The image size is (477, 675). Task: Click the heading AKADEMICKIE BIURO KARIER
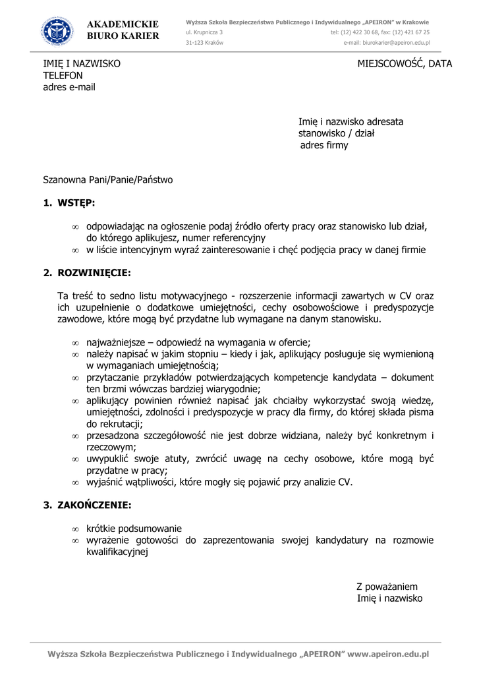tap(123, 30)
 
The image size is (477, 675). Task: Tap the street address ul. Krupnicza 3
tap(204, 32)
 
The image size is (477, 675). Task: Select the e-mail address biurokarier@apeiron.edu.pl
tap(387, 43)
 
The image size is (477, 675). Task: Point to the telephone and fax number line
tap(380, 32)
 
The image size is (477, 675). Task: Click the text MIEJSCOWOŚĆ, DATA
tap(405, 64)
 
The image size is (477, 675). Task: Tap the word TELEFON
tap(63, 76)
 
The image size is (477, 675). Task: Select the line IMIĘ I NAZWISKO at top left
tap(82, 64)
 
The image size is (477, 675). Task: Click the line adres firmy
tap(324, 145)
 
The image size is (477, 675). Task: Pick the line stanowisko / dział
tap(336, 133)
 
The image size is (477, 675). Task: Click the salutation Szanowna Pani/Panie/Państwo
tap(108, 179)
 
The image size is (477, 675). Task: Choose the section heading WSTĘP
tap(76, 203)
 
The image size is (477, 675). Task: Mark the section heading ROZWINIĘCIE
tap(94, 272)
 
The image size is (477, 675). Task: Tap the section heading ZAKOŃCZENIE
tap(94, 506)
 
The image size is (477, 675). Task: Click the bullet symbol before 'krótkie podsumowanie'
tap(75, 529)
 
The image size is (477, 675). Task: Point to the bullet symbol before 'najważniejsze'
tap(75, 343)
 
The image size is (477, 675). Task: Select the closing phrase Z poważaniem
tap(387, 587)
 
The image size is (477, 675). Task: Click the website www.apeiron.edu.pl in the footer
tap(388, 655)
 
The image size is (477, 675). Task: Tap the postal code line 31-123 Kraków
tap(204, 43)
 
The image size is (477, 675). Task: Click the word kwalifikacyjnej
tap(117, 552)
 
